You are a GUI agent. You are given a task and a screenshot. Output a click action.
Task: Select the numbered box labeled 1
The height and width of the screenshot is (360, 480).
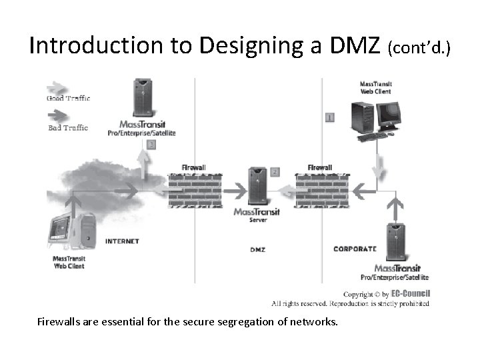coord(329,117)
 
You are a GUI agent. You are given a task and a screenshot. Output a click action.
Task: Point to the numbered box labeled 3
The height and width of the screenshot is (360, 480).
coord(152,143)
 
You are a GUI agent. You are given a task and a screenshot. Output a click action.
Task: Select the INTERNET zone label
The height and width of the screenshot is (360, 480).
coord(122,241)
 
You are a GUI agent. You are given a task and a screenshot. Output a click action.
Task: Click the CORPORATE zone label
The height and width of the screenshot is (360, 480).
coord(355,249)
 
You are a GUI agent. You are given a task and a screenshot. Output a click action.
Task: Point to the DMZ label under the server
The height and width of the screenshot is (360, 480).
coord(257,249)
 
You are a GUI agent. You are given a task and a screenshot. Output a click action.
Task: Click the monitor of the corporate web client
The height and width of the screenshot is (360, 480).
coord(387,115)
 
